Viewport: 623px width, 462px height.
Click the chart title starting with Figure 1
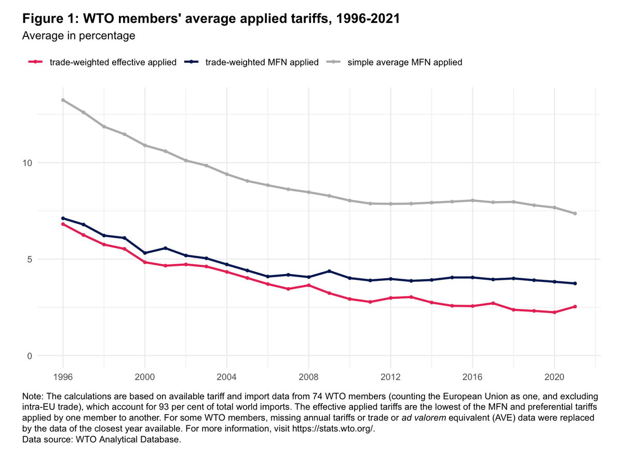click(x=211, y=19)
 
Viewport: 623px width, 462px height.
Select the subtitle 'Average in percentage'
click(x=78, y=36)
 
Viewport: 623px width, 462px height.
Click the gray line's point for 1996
click(x=63, y=100)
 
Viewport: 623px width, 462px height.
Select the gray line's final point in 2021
click(x=575, y=213)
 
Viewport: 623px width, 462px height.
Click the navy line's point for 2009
click(x=329, y=271)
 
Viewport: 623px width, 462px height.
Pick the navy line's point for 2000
click(x=145, y=253)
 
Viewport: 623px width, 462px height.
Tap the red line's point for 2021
click(x=575, y=307)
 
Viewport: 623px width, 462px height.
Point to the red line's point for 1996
click(x=63, y=224)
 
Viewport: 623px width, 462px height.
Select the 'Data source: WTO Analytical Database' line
click(x=102, y=440)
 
